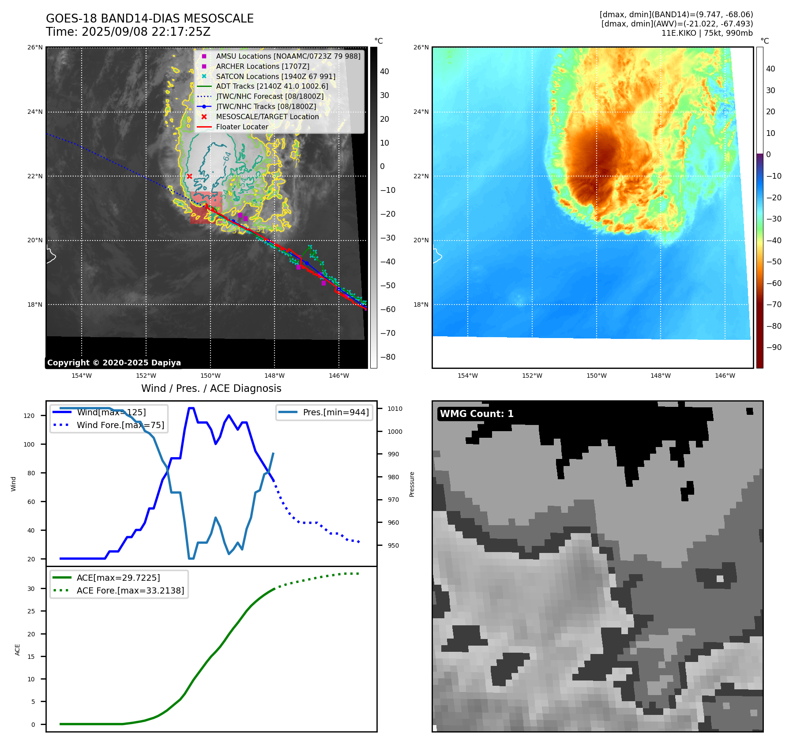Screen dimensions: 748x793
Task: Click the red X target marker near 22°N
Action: click(189, 176)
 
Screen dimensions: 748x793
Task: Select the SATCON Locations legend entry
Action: click(275, 76)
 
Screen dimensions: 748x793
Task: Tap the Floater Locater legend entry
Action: click(242, 127)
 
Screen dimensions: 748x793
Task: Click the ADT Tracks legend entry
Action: click(272, 86)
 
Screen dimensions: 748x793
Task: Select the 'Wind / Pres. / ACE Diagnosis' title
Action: click(211, 388)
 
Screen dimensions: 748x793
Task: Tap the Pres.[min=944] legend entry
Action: click(335, 412)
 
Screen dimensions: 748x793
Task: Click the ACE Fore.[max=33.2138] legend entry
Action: click(130, 590)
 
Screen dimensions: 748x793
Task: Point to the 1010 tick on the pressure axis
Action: click(395, 409)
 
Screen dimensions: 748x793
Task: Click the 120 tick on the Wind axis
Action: click(29, 416)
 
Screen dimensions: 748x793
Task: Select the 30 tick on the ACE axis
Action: click(31, 589)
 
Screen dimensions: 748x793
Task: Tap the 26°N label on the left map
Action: click(35, 47)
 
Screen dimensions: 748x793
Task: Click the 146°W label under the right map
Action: click(725, 376)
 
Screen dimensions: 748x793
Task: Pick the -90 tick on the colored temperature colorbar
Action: click(774, 347)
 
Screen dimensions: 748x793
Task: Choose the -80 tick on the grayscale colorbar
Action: click(388, 357)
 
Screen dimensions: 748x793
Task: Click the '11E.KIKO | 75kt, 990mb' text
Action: click(707, 33)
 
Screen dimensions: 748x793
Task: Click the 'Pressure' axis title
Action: click(412, 484)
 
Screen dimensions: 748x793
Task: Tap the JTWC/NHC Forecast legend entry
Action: click(270, 97)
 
